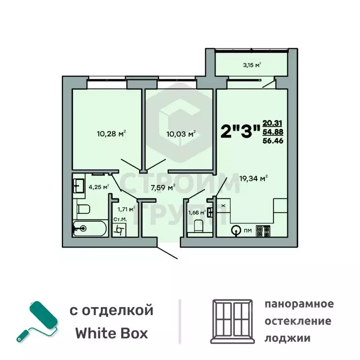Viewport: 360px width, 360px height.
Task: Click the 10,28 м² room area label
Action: pyautogui.click(x=112, y=134)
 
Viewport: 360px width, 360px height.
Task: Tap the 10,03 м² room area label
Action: pyautogui.click(x=181, y=134)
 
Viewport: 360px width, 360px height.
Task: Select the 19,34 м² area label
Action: pyautogui.click(x=253, y=178)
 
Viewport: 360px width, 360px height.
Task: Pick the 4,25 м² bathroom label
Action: pyautogui.click(x=99, y=187)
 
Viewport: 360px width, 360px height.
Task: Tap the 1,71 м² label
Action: pyautogui.click(x=126, y=209)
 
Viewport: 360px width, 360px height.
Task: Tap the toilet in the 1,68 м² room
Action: pyautogui.click(x=198, y=227)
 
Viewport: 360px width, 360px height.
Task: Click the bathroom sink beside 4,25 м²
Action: pyautogui.click(x=78, y=184)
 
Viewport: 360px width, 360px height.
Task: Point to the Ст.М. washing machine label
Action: pyautogui.click(x=119, y=220)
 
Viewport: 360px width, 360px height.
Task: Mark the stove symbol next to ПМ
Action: pyautogui.click(x=262, y=231)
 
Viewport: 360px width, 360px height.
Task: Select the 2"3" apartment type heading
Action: pyautogui.click(x=240, y=132)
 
